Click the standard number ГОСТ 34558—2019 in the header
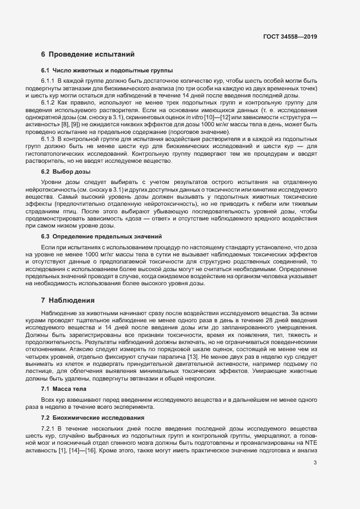pos(290,36)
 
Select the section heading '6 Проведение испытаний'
pos(84,54)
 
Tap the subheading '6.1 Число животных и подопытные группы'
pos(107,71)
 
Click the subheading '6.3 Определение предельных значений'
pos(101,237)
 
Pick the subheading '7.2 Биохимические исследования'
pos(93,418)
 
